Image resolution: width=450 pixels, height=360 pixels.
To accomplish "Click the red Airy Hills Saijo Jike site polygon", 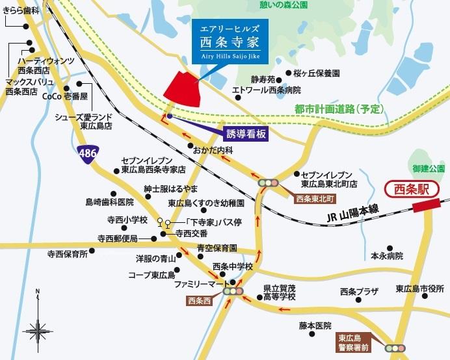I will pos(183,90).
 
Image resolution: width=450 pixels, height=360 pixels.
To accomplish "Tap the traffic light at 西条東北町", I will pos(268,184).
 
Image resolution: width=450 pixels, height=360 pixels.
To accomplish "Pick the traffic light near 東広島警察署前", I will pos(395,348).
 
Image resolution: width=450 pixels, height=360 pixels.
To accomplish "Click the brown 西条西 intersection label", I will pos(199,301).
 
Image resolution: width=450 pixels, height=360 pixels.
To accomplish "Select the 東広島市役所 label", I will pos(419,289).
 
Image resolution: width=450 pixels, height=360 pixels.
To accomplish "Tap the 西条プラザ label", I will pos(358,291).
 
